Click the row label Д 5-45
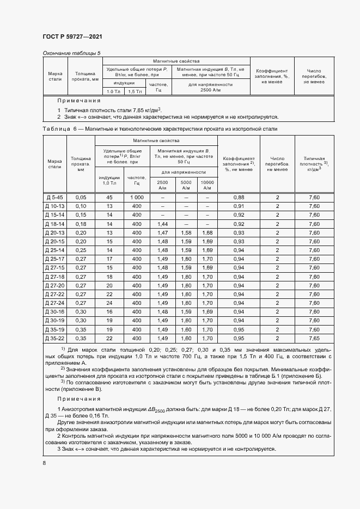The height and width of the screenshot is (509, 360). click(x=54, y=197)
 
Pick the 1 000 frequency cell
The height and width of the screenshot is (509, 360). click(x=136, y=197)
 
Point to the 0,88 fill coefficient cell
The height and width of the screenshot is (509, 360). click(x=239, y=197)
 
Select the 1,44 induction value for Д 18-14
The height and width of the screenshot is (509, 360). click(x=162, y=224)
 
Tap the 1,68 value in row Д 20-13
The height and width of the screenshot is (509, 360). click(x=207, y=232)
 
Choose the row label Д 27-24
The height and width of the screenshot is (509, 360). click(x=54, y=303)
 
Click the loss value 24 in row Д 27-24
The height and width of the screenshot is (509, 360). click(x=109, y=303)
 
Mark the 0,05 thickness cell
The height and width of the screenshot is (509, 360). click(x=81, y=197)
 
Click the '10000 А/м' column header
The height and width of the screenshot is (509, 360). click(x=207, y=185)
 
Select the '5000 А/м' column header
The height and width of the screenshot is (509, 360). click(x=186, y=185)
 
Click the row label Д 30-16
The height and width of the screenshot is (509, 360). click(x=54, y=312)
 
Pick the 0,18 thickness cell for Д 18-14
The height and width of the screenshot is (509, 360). click(x=81, y=224)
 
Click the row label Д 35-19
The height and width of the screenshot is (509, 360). click(x=54, y=329)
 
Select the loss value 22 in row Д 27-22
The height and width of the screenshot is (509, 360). click(x=109, y=294)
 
